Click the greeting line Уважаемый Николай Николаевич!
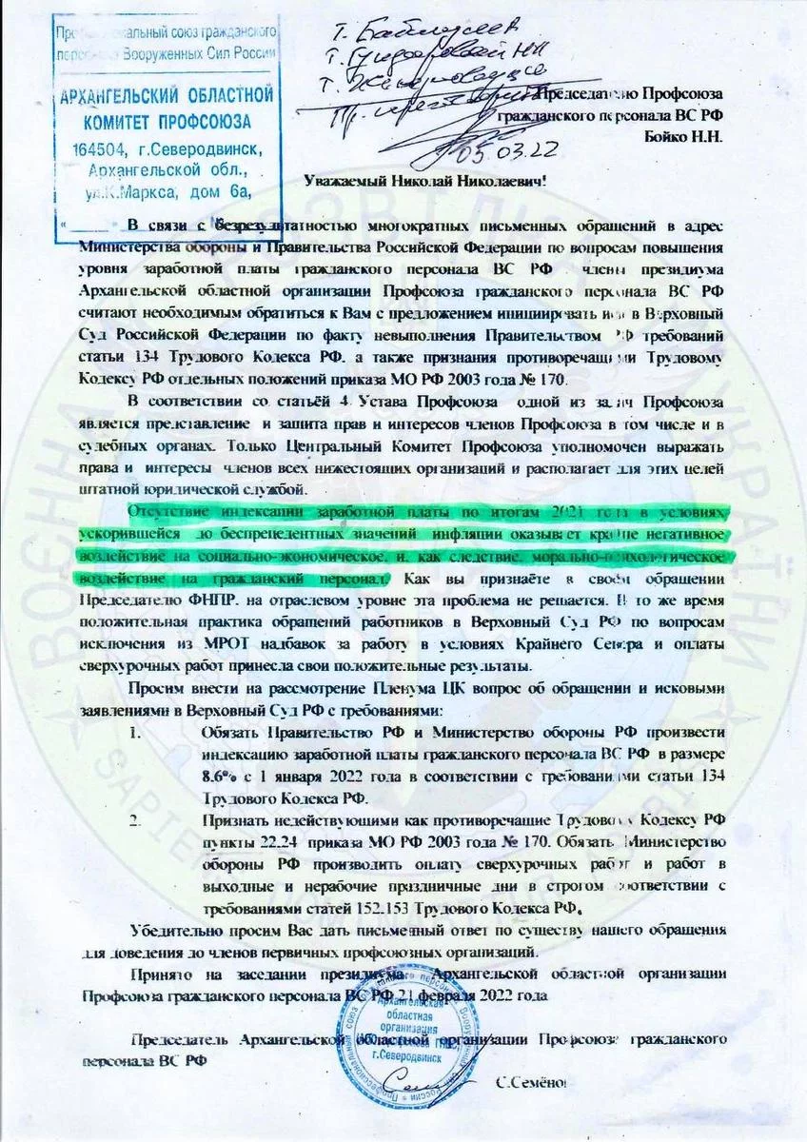(x=425, y=182)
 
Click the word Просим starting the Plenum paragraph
(x=158, y=687)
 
